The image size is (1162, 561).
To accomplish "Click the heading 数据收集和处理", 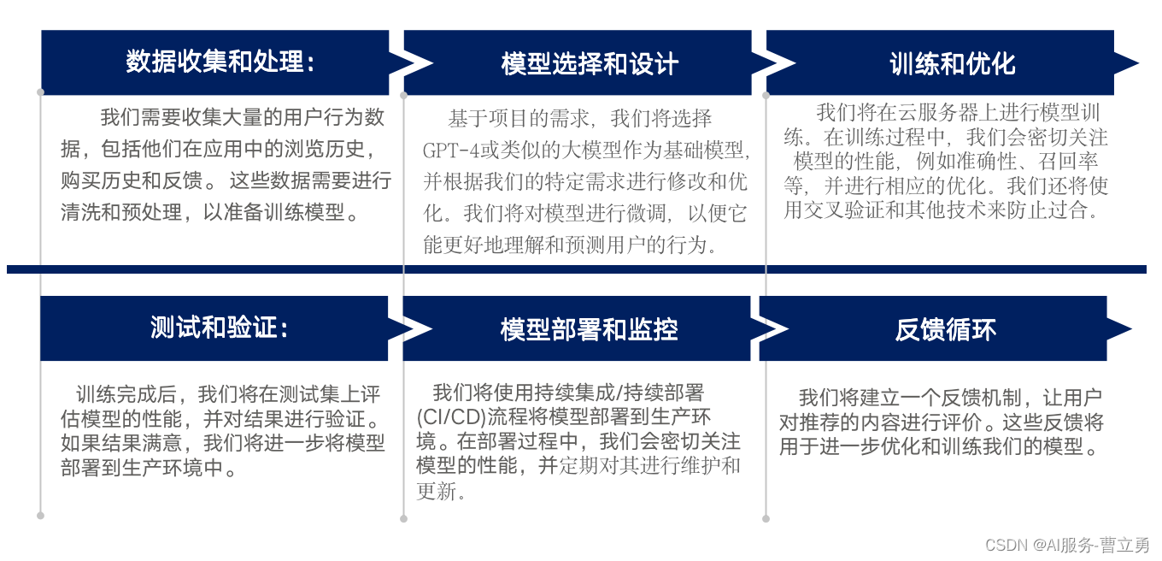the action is click(x=220, y=62).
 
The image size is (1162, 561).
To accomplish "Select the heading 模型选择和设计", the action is click(x=590, y=63).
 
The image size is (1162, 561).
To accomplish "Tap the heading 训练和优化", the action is click(x=952, y=63).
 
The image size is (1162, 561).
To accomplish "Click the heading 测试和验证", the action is click(x=219, y=328).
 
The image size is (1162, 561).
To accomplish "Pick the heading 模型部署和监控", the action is click(x=589, y=329).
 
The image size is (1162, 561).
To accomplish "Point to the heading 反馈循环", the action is click(x=945, y=329).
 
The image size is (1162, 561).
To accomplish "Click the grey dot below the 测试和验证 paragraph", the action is click(x=40, y=515).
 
